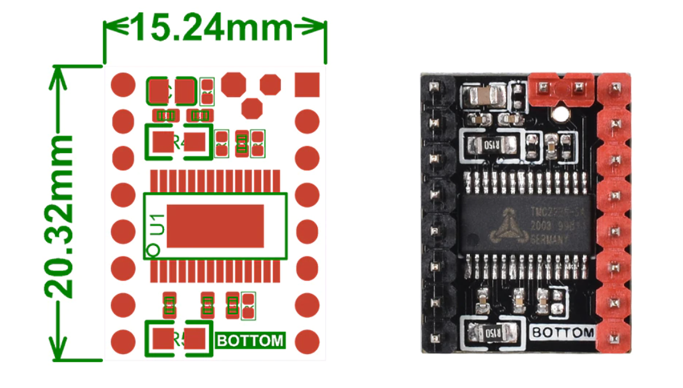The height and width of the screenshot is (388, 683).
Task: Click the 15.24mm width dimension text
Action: click(x=213, y=28)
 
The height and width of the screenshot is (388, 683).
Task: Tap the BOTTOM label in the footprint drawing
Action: click(x=251, y=341)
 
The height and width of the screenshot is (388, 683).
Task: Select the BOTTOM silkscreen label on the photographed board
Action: click(x=563, y=333)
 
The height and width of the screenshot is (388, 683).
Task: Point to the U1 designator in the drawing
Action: click(x=158, y=224)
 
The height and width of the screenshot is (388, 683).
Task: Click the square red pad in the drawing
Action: click(x=307, y=84)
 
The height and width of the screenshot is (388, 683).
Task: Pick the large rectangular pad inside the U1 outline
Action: click(x=215, y=226)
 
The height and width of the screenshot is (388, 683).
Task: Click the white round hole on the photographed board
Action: click(x=560, y=113)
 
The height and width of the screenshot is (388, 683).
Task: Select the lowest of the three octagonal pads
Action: click(x=252, y=108)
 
